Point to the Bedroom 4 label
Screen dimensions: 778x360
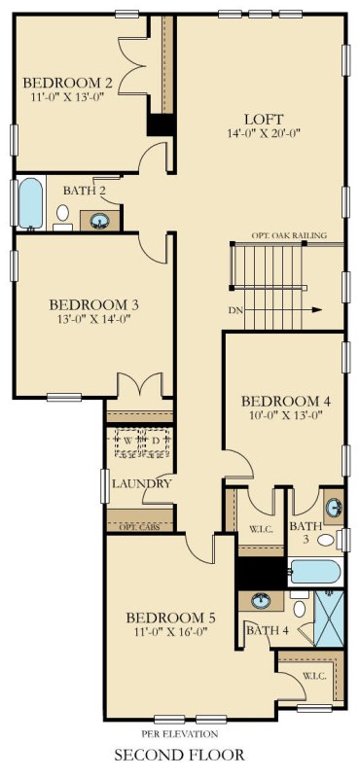tap(279, 401)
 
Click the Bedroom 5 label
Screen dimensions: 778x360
tap(170, 618)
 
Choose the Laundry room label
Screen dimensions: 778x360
tap(141, 483)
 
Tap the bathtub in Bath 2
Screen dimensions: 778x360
tap(31, 201)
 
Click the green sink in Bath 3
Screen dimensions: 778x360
tap(333, 507)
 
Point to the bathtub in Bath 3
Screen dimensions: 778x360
tap(313, 572)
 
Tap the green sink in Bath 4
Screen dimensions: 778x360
tap(261, 601)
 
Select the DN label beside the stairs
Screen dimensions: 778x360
tap(236, 311)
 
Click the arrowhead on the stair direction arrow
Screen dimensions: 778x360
tap(318, 310)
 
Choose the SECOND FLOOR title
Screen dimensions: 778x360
tap(179, 755)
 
